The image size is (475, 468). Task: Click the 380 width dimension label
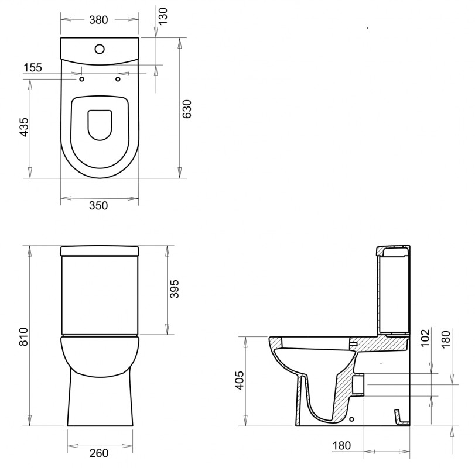coord(98,20)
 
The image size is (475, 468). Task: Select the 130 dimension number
coord(163,16)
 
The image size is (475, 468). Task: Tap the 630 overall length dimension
coord(187,109)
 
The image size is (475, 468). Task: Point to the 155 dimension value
coord(33,67)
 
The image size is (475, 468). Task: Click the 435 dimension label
coord(23,127)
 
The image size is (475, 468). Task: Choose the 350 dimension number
coord(98,206)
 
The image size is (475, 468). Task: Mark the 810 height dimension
coord(23,336)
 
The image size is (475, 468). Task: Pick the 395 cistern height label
coord(174,289)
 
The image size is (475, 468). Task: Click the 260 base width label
coord(99,453)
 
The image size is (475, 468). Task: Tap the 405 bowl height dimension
coord(240,380)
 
